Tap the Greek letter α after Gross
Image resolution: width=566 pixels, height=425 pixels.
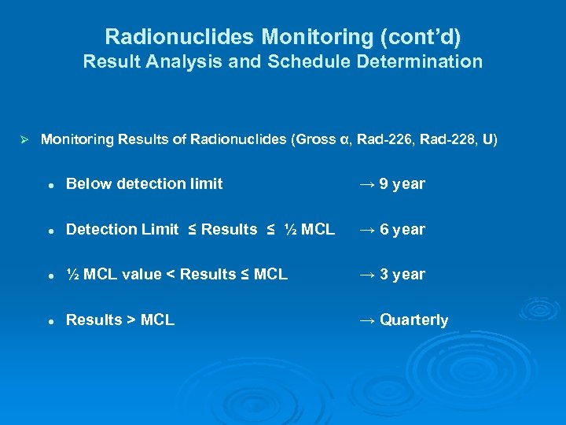coord(343,140)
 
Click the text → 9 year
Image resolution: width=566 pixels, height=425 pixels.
coord(391,184)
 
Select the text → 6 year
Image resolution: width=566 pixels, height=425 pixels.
coord(391,230)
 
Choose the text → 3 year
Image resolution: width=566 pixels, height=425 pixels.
coord(391,275)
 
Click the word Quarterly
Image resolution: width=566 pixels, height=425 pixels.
coord(413,320)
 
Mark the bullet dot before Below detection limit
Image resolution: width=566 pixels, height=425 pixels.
coord(50,185)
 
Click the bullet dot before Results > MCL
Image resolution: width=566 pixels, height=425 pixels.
coord(50,321)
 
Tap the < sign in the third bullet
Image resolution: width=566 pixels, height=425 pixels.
coord(171,275)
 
